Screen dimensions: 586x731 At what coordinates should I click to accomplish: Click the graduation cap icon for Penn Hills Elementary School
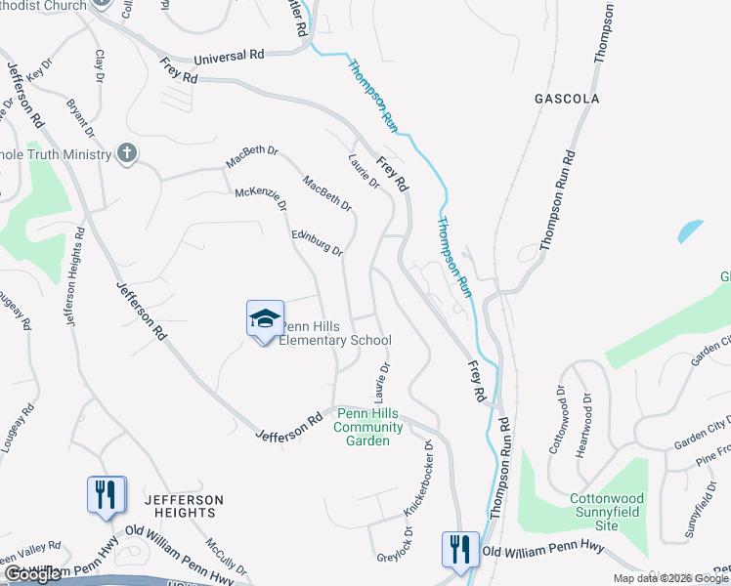pos(265,319)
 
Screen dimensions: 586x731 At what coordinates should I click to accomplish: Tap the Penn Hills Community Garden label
pos(369,427)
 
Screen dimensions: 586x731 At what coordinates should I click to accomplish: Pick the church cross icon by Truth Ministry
pos(125,152)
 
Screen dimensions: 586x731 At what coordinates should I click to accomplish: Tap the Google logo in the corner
pos(33,575)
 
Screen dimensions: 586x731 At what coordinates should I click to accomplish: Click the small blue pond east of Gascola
pos(689,230)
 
